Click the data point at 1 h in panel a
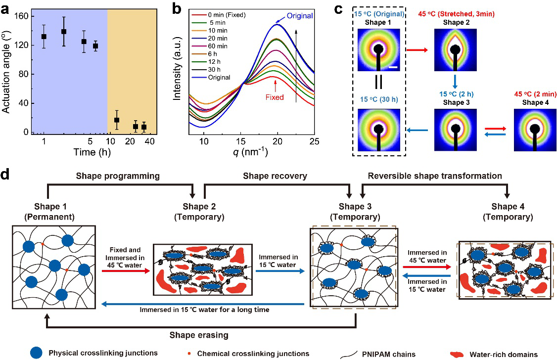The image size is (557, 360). (x=44, y=36)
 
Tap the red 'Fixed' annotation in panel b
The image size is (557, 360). (x=274, y=97)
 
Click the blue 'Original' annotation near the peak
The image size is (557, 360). (x=298, y=16)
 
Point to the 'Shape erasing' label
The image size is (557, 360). (x=200, y=335)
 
